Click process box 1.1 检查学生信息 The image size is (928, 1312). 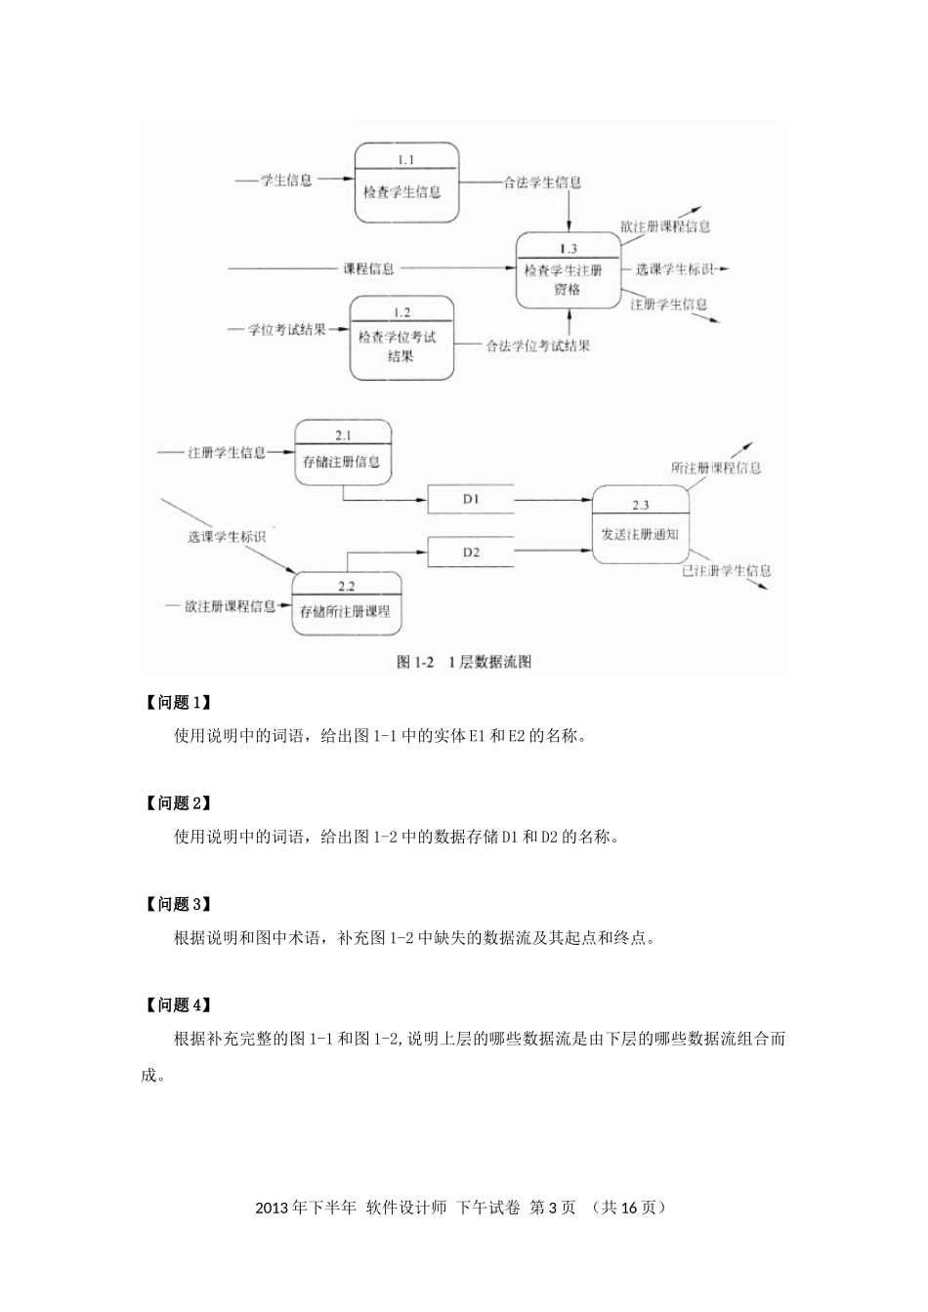tap(405, 183)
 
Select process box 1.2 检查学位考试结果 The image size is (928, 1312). tap(401, 338)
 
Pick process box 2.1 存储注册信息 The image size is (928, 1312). tap(343, 453)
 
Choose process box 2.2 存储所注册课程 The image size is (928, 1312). tap(346, 602)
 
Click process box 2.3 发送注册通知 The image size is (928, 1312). tap(641, 525)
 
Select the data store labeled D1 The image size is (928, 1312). tap(471, 499)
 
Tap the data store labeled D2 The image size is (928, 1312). tap(471, 553)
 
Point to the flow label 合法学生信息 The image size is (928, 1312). tap(542, 182)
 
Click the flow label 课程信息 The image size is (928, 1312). tap(368, 267)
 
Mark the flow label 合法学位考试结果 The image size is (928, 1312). tap(537, 345)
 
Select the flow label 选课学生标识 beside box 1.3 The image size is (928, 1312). tap(675, 267)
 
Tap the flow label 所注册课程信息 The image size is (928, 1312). tap(716, 468)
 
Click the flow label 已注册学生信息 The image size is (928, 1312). tap(726, 570)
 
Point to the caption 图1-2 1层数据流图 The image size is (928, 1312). tap(464, 662)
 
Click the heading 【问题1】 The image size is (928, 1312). tap(177, 703)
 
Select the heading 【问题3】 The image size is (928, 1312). tap(177, 904)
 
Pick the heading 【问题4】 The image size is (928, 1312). tap(177, 1005)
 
